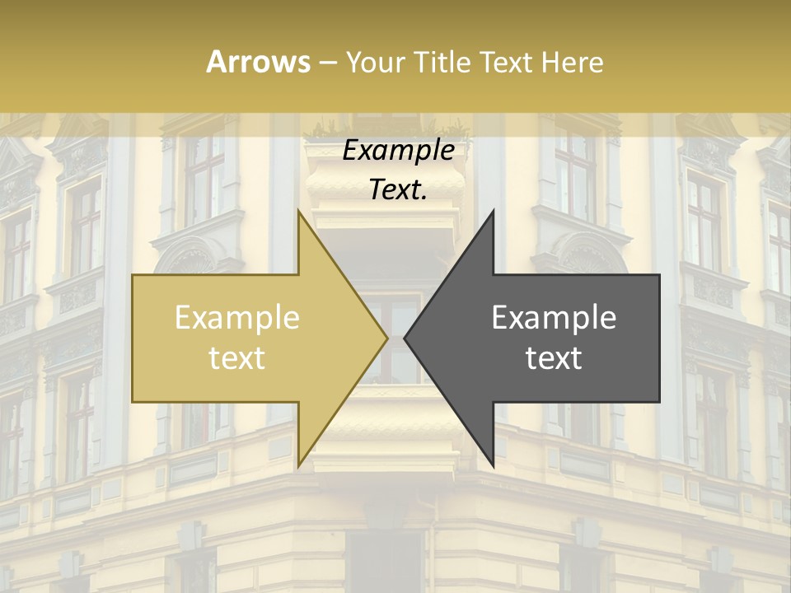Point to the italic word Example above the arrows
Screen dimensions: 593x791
tap(398, 151)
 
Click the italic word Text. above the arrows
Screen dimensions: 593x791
tap(398, 190)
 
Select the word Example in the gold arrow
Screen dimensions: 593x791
tap(237, 318)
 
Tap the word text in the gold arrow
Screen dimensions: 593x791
tap(237, 358)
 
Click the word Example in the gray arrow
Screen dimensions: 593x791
tap(554, 318)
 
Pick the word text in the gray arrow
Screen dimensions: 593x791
tap(554, 358)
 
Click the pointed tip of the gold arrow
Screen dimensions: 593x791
tap(386, 338)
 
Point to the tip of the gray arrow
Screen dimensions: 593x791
tap(406, 338)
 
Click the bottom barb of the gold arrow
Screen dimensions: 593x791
tap(300, 461)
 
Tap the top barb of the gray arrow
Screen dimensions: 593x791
tap(492, 216)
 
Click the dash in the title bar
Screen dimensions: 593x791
tap(327, 63)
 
